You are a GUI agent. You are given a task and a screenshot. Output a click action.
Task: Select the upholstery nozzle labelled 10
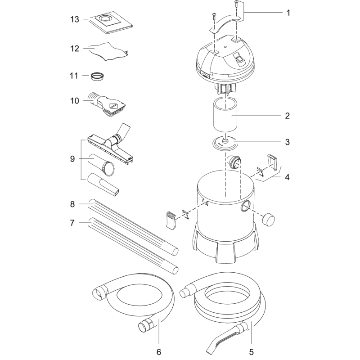click(x=110, y=104)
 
